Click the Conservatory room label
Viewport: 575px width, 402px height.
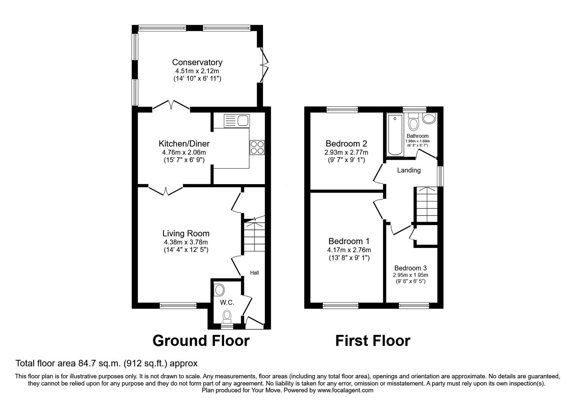click(x=197, y=62)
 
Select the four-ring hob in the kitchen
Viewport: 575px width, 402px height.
click(x=257, y=147)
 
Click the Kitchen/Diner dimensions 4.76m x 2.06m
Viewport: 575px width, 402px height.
click(x=184, y=152)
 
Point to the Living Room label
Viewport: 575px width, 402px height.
click(x=186, y=233)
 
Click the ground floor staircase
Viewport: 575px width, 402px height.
click(x=254, y=237)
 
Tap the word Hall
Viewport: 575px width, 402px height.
click(x=254, y=273)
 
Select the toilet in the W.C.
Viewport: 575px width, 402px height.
click(x=227, y=316)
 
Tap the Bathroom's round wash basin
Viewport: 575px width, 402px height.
click(x=429, y=119)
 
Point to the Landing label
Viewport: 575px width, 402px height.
click(x=409, y=170)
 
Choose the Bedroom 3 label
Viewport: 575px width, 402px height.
click(x=410, y=268)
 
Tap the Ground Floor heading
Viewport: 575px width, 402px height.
click(x=201, y=340)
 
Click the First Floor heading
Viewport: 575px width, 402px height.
click(x=373, y=340)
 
